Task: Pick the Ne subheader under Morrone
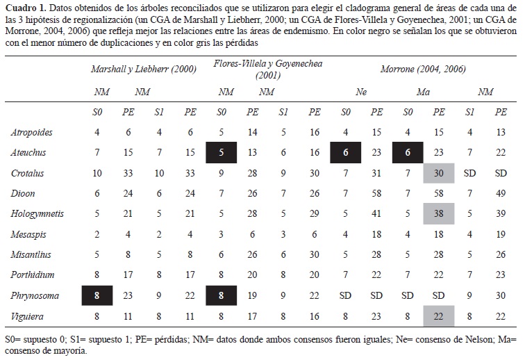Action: point(361,92)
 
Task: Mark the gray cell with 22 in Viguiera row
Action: point(438,316)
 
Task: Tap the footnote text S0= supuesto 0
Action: point(34,339)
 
